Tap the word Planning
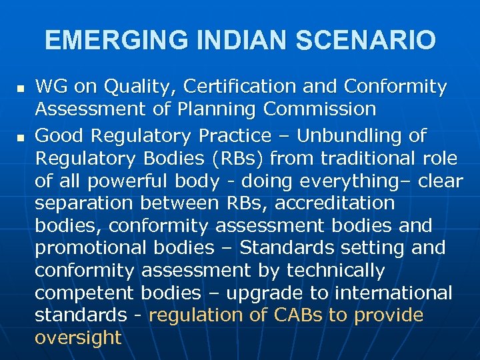tap(219, 109)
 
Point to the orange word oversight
tap(78, 337)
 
